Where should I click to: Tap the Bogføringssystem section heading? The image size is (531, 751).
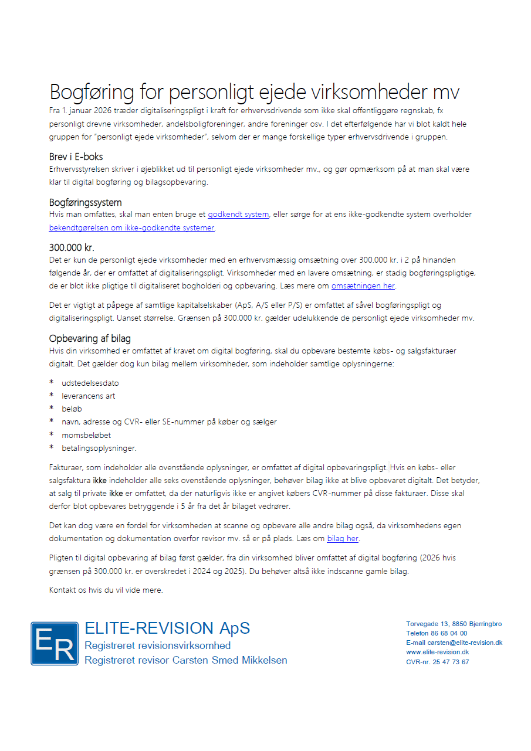click(86, 202)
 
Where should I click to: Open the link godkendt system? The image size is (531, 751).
click(238, 215)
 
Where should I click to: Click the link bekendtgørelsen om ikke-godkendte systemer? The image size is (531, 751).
click(132, 227)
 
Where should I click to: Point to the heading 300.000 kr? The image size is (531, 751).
click(72, 247)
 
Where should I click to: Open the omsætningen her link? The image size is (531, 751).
click(363, 286)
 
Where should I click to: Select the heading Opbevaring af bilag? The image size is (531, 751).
click(90, 338)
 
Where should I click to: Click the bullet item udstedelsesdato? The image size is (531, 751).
click(90, 383)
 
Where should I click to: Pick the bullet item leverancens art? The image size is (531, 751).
click(88, 396)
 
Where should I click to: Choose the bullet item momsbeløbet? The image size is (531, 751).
click(86, 435)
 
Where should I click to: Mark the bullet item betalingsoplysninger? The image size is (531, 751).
click(99, 448)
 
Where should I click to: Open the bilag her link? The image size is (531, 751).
click(343, 538)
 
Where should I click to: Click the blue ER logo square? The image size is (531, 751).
click(55, 644)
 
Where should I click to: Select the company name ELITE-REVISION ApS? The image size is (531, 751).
click(167, 628)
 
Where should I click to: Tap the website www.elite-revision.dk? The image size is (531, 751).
click(437, 652)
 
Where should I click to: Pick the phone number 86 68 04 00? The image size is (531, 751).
click(449, 633)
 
